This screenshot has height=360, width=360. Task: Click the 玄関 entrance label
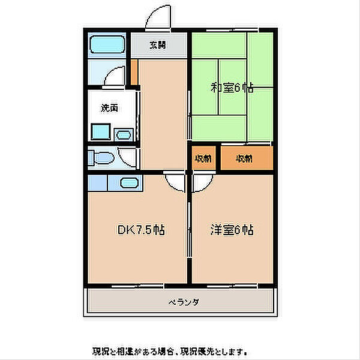(x=157, y=44)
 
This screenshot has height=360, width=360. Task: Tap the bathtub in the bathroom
(x=106, y=46)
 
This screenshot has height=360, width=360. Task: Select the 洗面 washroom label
(x=109, y=109)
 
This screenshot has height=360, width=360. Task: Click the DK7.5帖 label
(x=141, y=230)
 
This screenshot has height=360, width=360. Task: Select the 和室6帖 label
(x=232, y=88)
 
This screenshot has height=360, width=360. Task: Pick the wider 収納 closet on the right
(x=244, y=159)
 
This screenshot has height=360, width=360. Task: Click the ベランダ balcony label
(x=183, y=302)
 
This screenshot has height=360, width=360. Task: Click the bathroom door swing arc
(x=114, y=76)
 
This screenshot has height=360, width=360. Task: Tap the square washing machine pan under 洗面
(x=100, y=131)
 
